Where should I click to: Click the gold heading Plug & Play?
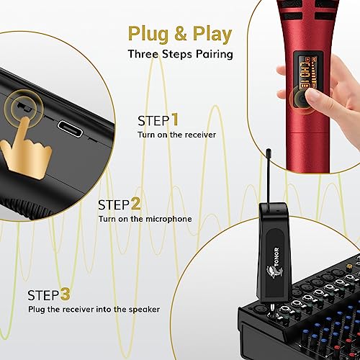pos(180,35)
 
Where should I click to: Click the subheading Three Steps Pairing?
pos(181,54)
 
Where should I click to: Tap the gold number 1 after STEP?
pos(175,120)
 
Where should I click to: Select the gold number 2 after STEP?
pos(135,204)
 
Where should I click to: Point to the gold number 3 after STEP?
pos(65,294)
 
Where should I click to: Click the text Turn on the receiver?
pos(176,135)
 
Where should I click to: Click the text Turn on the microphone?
pos(145,219)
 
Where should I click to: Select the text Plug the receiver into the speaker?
pos(94,309)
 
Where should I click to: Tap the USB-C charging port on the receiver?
pos(70,129)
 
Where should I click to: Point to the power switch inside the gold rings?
pos(24,107)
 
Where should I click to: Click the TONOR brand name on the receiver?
pos(277,256)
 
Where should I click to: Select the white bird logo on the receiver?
pos(274,272)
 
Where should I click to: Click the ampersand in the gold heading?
pos(181,33)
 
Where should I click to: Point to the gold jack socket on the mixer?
pos(349,266)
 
